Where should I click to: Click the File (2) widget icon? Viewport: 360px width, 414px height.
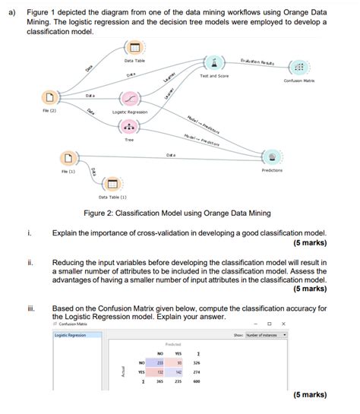(50, 98)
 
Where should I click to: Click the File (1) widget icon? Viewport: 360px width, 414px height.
(70, 158)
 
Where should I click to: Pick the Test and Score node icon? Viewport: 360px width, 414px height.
(215, 62)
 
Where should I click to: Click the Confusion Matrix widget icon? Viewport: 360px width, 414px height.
(298, 67)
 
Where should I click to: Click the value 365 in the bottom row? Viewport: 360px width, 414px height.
(160, 382)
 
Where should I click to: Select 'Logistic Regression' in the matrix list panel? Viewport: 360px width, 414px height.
(70, 335)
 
